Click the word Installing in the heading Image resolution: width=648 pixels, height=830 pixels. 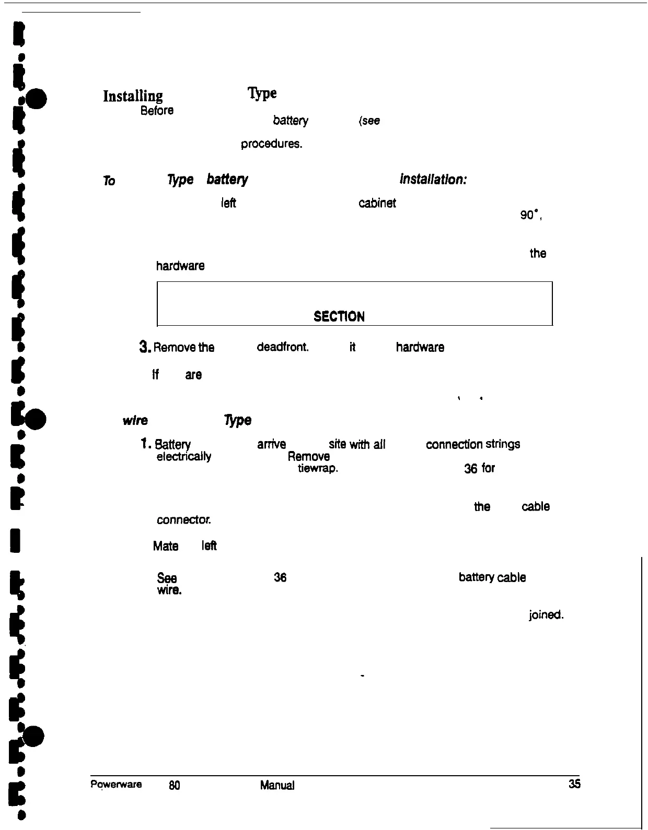coord(133,96)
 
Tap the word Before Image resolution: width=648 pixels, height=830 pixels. coord(157,111)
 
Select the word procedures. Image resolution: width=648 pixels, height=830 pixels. coord(271,144)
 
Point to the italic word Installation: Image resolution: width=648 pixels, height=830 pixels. coord(433,180)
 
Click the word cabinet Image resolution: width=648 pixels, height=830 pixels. coord(377,203)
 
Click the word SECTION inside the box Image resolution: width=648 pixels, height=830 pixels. coord(339,316)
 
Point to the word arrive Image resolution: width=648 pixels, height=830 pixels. coord(271,444)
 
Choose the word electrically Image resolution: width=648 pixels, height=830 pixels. coord(184,456)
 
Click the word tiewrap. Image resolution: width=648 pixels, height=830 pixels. coord(318,468)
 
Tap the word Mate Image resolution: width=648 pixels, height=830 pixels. coord(166,546)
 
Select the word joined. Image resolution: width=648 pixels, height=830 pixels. coord(546,615)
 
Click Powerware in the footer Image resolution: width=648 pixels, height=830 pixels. coord(116,784)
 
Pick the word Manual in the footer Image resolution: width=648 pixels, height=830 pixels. coord(277,785)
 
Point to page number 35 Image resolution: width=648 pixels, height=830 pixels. coord(574,784)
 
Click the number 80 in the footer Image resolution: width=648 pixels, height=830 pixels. coord(175,785)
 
